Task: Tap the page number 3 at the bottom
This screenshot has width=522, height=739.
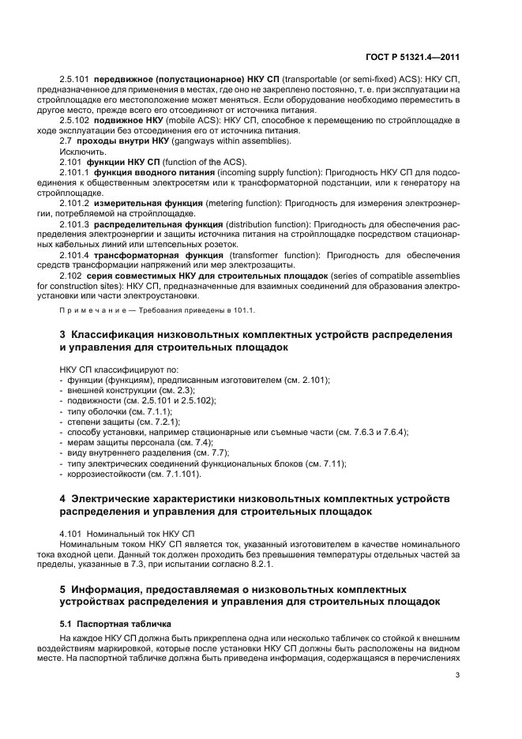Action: [458, 675]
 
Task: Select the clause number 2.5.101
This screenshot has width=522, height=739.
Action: [75, 81]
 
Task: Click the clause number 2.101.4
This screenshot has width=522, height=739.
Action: [75, 255]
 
